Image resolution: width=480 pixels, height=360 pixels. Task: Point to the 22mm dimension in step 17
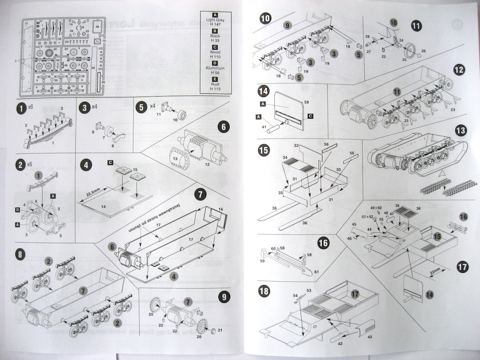[x=435, y=270]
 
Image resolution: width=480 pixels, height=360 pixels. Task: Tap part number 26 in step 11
[x=423, y=51]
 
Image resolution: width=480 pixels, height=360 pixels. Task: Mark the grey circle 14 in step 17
[x=430, y=294]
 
